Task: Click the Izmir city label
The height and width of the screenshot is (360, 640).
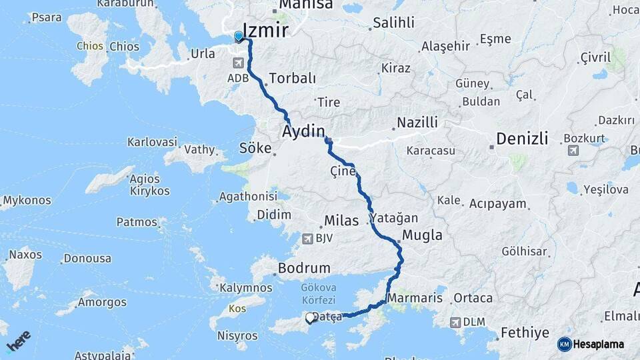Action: pyautogui.click(x=266, y=30)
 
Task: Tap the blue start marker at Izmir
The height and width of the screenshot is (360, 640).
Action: pyautogui.click(x=239, y=37)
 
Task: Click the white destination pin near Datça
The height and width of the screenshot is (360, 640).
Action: pyautogui.click(x=310, y=319)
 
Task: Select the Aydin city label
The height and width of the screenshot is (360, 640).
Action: pyautogui.click(x=304, y=131)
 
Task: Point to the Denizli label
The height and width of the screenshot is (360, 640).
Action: pyautogui.click(x=522, y=139)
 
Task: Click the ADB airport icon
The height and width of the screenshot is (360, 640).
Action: pyautogui.click(x=238, y=63)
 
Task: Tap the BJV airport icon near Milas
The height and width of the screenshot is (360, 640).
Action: pyautogui.click(x=307, y=238)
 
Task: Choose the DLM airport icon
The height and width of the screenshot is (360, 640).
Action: pyautogui.click(x=455, y=322)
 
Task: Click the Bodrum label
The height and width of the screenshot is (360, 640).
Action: pyautogui.click(x=304, y=268)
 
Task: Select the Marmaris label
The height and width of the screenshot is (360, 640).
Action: pyautogui.click(x=415, y=297)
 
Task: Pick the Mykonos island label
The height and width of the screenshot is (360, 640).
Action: pyautogui.click(x=27, y=199)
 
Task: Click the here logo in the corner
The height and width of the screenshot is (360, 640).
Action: pyautogui.click(x=19, y=341)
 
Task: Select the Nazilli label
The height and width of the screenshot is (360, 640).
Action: pyautogui.click(x=417, y=123)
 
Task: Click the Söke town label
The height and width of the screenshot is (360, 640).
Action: pyautogui.click(x=257, y=148)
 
